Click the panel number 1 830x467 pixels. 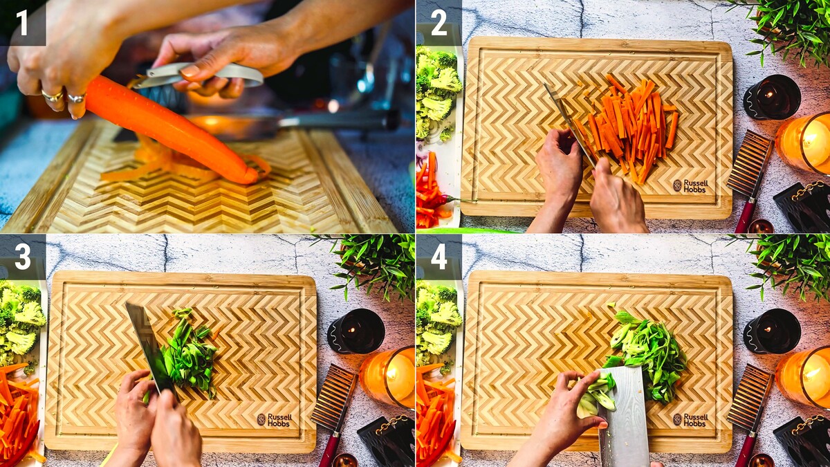pyautogui.click(x=23, y=24)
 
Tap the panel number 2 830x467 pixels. pyautogui.click(x=439, y=24)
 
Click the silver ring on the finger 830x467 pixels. pyautogui.click(x=76, y=98)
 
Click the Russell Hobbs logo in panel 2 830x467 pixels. pyautogui.click(x=690, y=186)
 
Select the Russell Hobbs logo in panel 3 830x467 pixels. pyautogui.click(x=274, y=420)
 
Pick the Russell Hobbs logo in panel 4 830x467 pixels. pyautogui.click(x=690, y=420)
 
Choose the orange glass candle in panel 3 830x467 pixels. pyautogui.click(x=388, y=377)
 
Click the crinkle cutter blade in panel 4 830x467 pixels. pyautogui.click(x=749, y=397)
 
